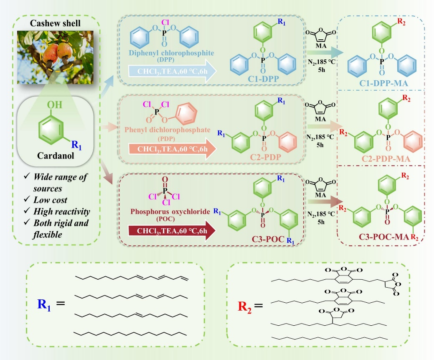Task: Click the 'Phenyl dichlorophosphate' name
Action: click(x=164, y=130)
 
